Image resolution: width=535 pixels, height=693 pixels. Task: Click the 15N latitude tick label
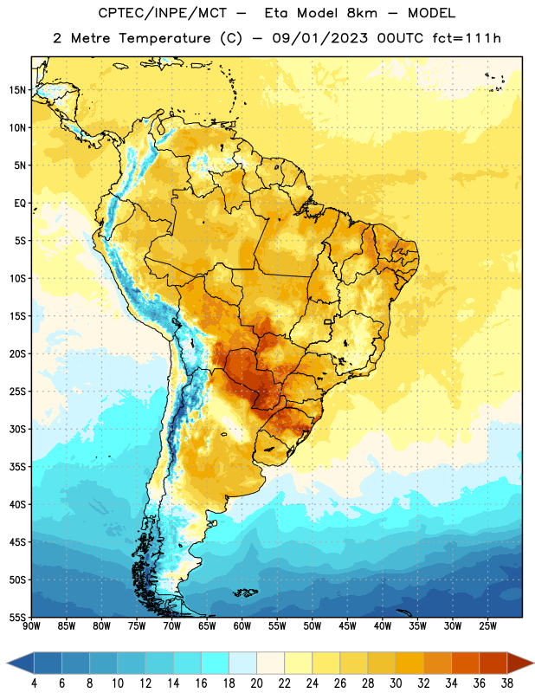(17, 90)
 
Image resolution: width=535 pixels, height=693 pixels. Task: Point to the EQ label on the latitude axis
(20, 204)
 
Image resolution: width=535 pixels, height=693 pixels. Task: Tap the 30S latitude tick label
(17, 429)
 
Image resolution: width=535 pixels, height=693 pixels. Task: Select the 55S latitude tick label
(17, 618)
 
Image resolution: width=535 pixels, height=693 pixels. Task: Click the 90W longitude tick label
(31, 626)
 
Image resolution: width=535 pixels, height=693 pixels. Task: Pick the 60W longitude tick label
(242, 626)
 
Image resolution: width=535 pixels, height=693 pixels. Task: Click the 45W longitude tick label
(347, 626)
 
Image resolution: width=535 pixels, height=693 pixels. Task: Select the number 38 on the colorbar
(507, 683)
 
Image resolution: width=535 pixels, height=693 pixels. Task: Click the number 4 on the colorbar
(34, 683)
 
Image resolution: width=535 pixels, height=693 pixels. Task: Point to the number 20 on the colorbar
(256, 683)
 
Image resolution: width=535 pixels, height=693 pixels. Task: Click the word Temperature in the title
(164, 38)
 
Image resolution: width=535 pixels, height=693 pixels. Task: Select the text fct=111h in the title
(467, 38)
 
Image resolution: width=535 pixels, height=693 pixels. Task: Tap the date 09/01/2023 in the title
(319, 38)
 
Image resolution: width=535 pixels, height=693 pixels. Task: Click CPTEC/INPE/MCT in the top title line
(163, 13)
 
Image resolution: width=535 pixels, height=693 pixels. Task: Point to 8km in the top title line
(362, 13)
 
